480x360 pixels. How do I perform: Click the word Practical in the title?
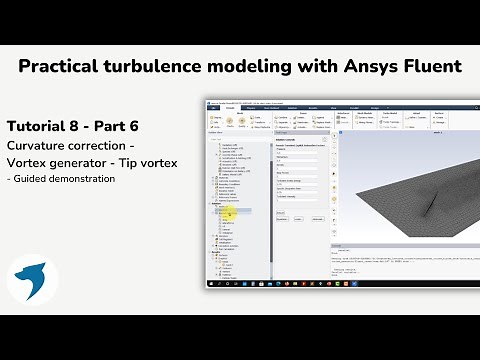[62, 67]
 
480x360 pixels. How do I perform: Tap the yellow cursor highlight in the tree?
[229, 212]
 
